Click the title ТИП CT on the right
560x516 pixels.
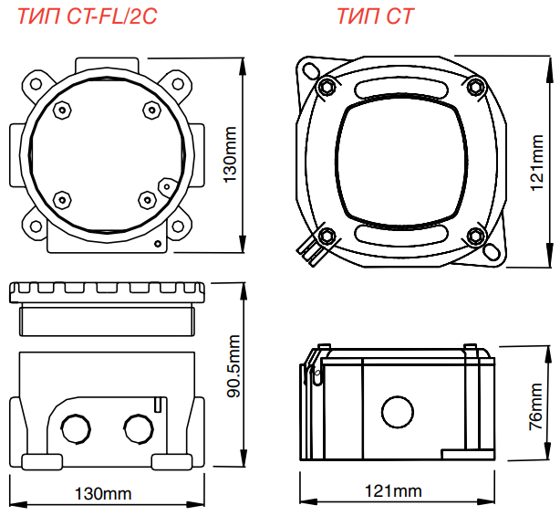(x=375, y=16)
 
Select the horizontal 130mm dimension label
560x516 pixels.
(x=102, y=494)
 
